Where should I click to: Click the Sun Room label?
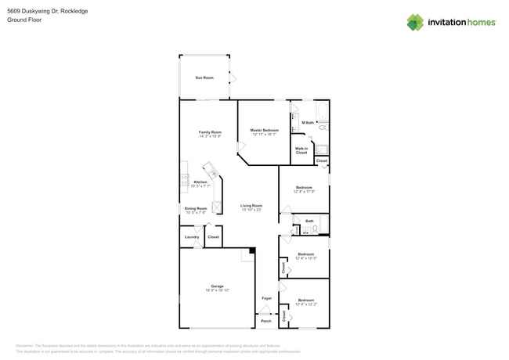[x=204, y=77]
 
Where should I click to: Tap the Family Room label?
[x=210, y=132]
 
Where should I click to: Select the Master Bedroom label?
[x=265, y=130]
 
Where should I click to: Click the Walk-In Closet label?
[x=301, y=150]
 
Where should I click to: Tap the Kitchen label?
[x=200, y=182]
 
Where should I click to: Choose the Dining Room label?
[x=196, y=208]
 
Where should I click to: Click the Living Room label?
[x=251, y=205]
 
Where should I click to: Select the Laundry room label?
[x=191, y=236]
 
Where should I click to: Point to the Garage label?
[x=217, y=286]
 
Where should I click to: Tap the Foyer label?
[x=266, y=298]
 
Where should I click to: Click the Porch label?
[x=266, y=321]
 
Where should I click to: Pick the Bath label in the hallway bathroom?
[x=309, y=221]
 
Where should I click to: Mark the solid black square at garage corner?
[x=252, y=251]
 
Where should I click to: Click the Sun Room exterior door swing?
[x=233, y=77]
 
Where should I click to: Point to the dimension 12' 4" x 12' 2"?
[x=305, y=304]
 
